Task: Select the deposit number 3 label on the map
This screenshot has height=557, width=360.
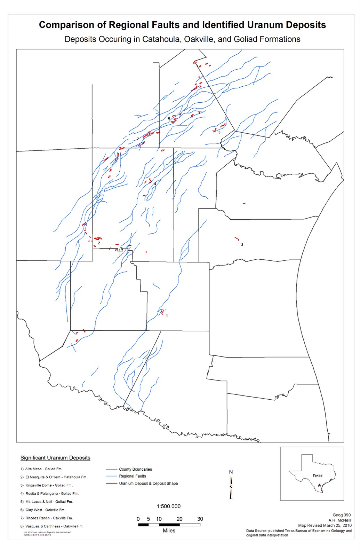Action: [242, 245]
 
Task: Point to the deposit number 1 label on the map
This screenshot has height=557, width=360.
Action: [167, 315]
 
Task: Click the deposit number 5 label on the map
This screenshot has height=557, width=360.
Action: [219, 132]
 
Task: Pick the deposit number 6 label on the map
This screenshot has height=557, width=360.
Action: [169, 118]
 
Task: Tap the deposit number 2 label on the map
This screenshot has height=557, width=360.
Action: [99, 243]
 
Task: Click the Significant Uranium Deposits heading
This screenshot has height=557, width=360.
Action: [55, 458]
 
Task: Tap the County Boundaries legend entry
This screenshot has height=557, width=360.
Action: [135, 469]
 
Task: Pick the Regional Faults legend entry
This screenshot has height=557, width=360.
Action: [133, 476]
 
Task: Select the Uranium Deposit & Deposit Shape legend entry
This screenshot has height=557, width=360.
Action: [148, 484]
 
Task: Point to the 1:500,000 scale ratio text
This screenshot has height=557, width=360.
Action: [168, 507]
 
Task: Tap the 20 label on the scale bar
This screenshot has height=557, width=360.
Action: [179, 519]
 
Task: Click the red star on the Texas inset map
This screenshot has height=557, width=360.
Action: [319, 485]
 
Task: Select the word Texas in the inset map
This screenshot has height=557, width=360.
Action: [317, 476]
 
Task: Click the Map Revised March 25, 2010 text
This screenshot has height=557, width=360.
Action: [325, 525]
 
